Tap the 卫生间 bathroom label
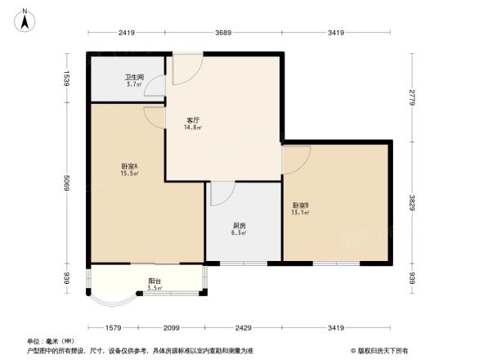point(133,77)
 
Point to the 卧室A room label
point(129,166)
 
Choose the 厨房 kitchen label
point(239,225)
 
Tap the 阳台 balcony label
point(154,281)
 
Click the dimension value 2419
point(126,33)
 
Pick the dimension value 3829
point(413,202)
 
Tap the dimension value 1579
point(113,328)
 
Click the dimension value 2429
point(243,328)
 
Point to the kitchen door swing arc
point(220,193)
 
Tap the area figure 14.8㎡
point(193,128)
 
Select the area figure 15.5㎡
point(129,173)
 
